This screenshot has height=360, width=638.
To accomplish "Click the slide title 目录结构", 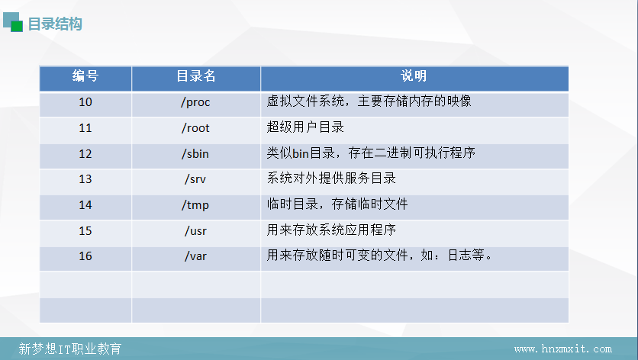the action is coord(55,24).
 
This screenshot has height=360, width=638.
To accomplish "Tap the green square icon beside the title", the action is coord(17,27).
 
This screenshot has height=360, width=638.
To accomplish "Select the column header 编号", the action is coord(85,76).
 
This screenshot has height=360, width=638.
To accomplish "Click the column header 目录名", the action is coord(195,76).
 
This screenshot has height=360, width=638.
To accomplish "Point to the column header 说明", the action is coord(414,76).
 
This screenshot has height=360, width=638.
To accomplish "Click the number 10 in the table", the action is coord(85,101).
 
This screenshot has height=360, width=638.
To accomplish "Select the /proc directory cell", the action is coord(195,102).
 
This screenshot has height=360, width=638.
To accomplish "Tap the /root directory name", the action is coord(195,128).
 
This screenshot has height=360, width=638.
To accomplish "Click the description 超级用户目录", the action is coord(305,127).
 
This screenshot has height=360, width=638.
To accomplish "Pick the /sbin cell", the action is coord(195,154).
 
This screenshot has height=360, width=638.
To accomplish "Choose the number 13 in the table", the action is coord(85,179).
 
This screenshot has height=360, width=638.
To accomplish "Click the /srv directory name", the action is coord(195,179).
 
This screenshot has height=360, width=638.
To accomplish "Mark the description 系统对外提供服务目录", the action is coord(331,178).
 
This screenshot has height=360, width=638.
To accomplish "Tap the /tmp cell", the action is coord(195,205).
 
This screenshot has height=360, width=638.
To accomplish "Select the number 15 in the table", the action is coord(85,230).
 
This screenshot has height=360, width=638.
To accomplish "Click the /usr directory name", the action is coord(195,231).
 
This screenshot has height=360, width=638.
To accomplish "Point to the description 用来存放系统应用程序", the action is coord(331,230).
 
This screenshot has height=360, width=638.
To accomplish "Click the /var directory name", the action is coord(195,256).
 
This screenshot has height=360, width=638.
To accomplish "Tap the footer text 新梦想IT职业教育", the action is coord(70,349).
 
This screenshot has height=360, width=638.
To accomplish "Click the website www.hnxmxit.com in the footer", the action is coord(563,349).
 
